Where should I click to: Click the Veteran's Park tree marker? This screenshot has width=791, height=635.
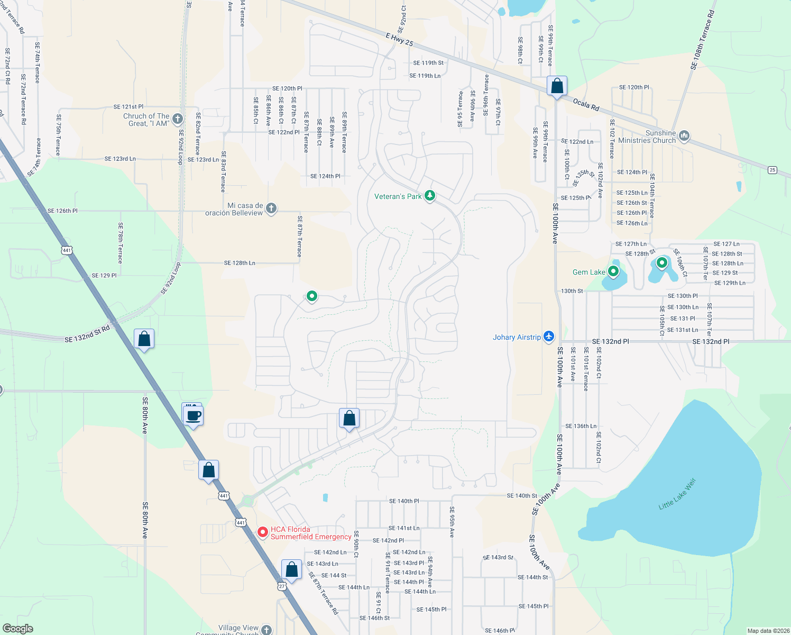[430, 196]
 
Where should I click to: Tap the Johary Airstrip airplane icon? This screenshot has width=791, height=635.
[549, 337]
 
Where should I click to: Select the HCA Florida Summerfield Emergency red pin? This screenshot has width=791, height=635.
[263, 532]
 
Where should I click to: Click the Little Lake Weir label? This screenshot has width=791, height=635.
[677, 494]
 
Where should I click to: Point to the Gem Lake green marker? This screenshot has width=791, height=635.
[613, 271]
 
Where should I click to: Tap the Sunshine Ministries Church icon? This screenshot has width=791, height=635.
[684, 136]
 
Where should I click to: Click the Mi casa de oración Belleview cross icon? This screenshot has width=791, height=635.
[271, 208]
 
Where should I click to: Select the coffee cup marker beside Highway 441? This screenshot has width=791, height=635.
[194, 416]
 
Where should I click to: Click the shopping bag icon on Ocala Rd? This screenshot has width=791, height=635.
[557, 86]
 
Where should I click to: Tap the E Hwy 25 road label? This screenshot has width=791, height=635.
[399, 39]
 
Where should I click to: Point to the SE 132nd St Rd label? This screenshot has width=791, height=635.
[87, 334]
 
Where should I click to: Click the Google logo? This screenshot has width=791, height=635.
[17, 628]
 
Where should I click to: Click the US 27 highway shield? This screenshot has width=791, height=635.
[282, 586]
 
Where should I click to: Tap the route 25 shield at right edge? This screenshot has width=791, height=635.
[772, 169]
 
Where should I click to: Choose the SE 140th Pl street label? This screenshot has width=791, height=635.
[404, 501]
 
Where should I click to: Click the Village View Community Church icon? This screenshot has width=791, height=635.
[266, 630]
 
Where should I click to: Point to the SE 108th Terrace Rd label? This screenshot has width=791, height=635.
[702, 39]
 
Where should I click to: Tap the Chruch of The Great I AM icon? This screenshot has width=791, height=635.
[178, 119]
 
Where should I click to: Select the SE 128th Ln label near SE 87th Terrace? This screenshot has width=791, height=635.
[240, 263]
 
